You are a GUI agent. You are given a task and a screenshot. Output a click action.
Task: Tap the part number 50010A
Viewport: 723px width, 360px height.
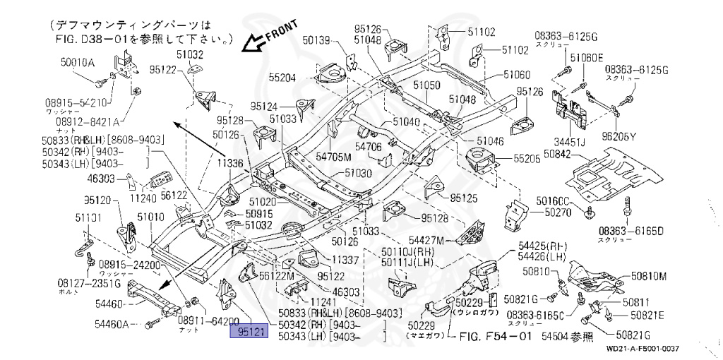click(x=78, y=63)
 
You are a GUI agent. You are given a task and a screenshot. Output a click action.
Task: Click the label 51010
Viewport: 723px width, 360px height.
click(x=151, y=217)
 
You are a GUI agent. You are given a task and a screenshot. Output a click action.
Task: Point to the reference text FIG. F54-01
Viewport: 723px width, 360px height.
click(x=496, y=338)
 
